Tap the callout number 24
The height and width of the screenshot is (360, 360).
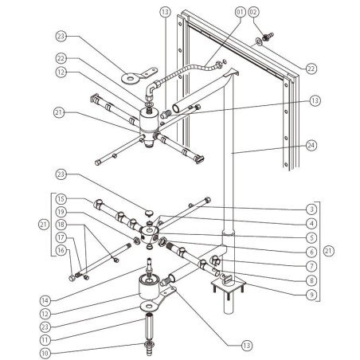(x=309, y=145)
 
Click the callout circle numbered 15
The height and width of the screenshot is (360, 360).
(x=63, y=199)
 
